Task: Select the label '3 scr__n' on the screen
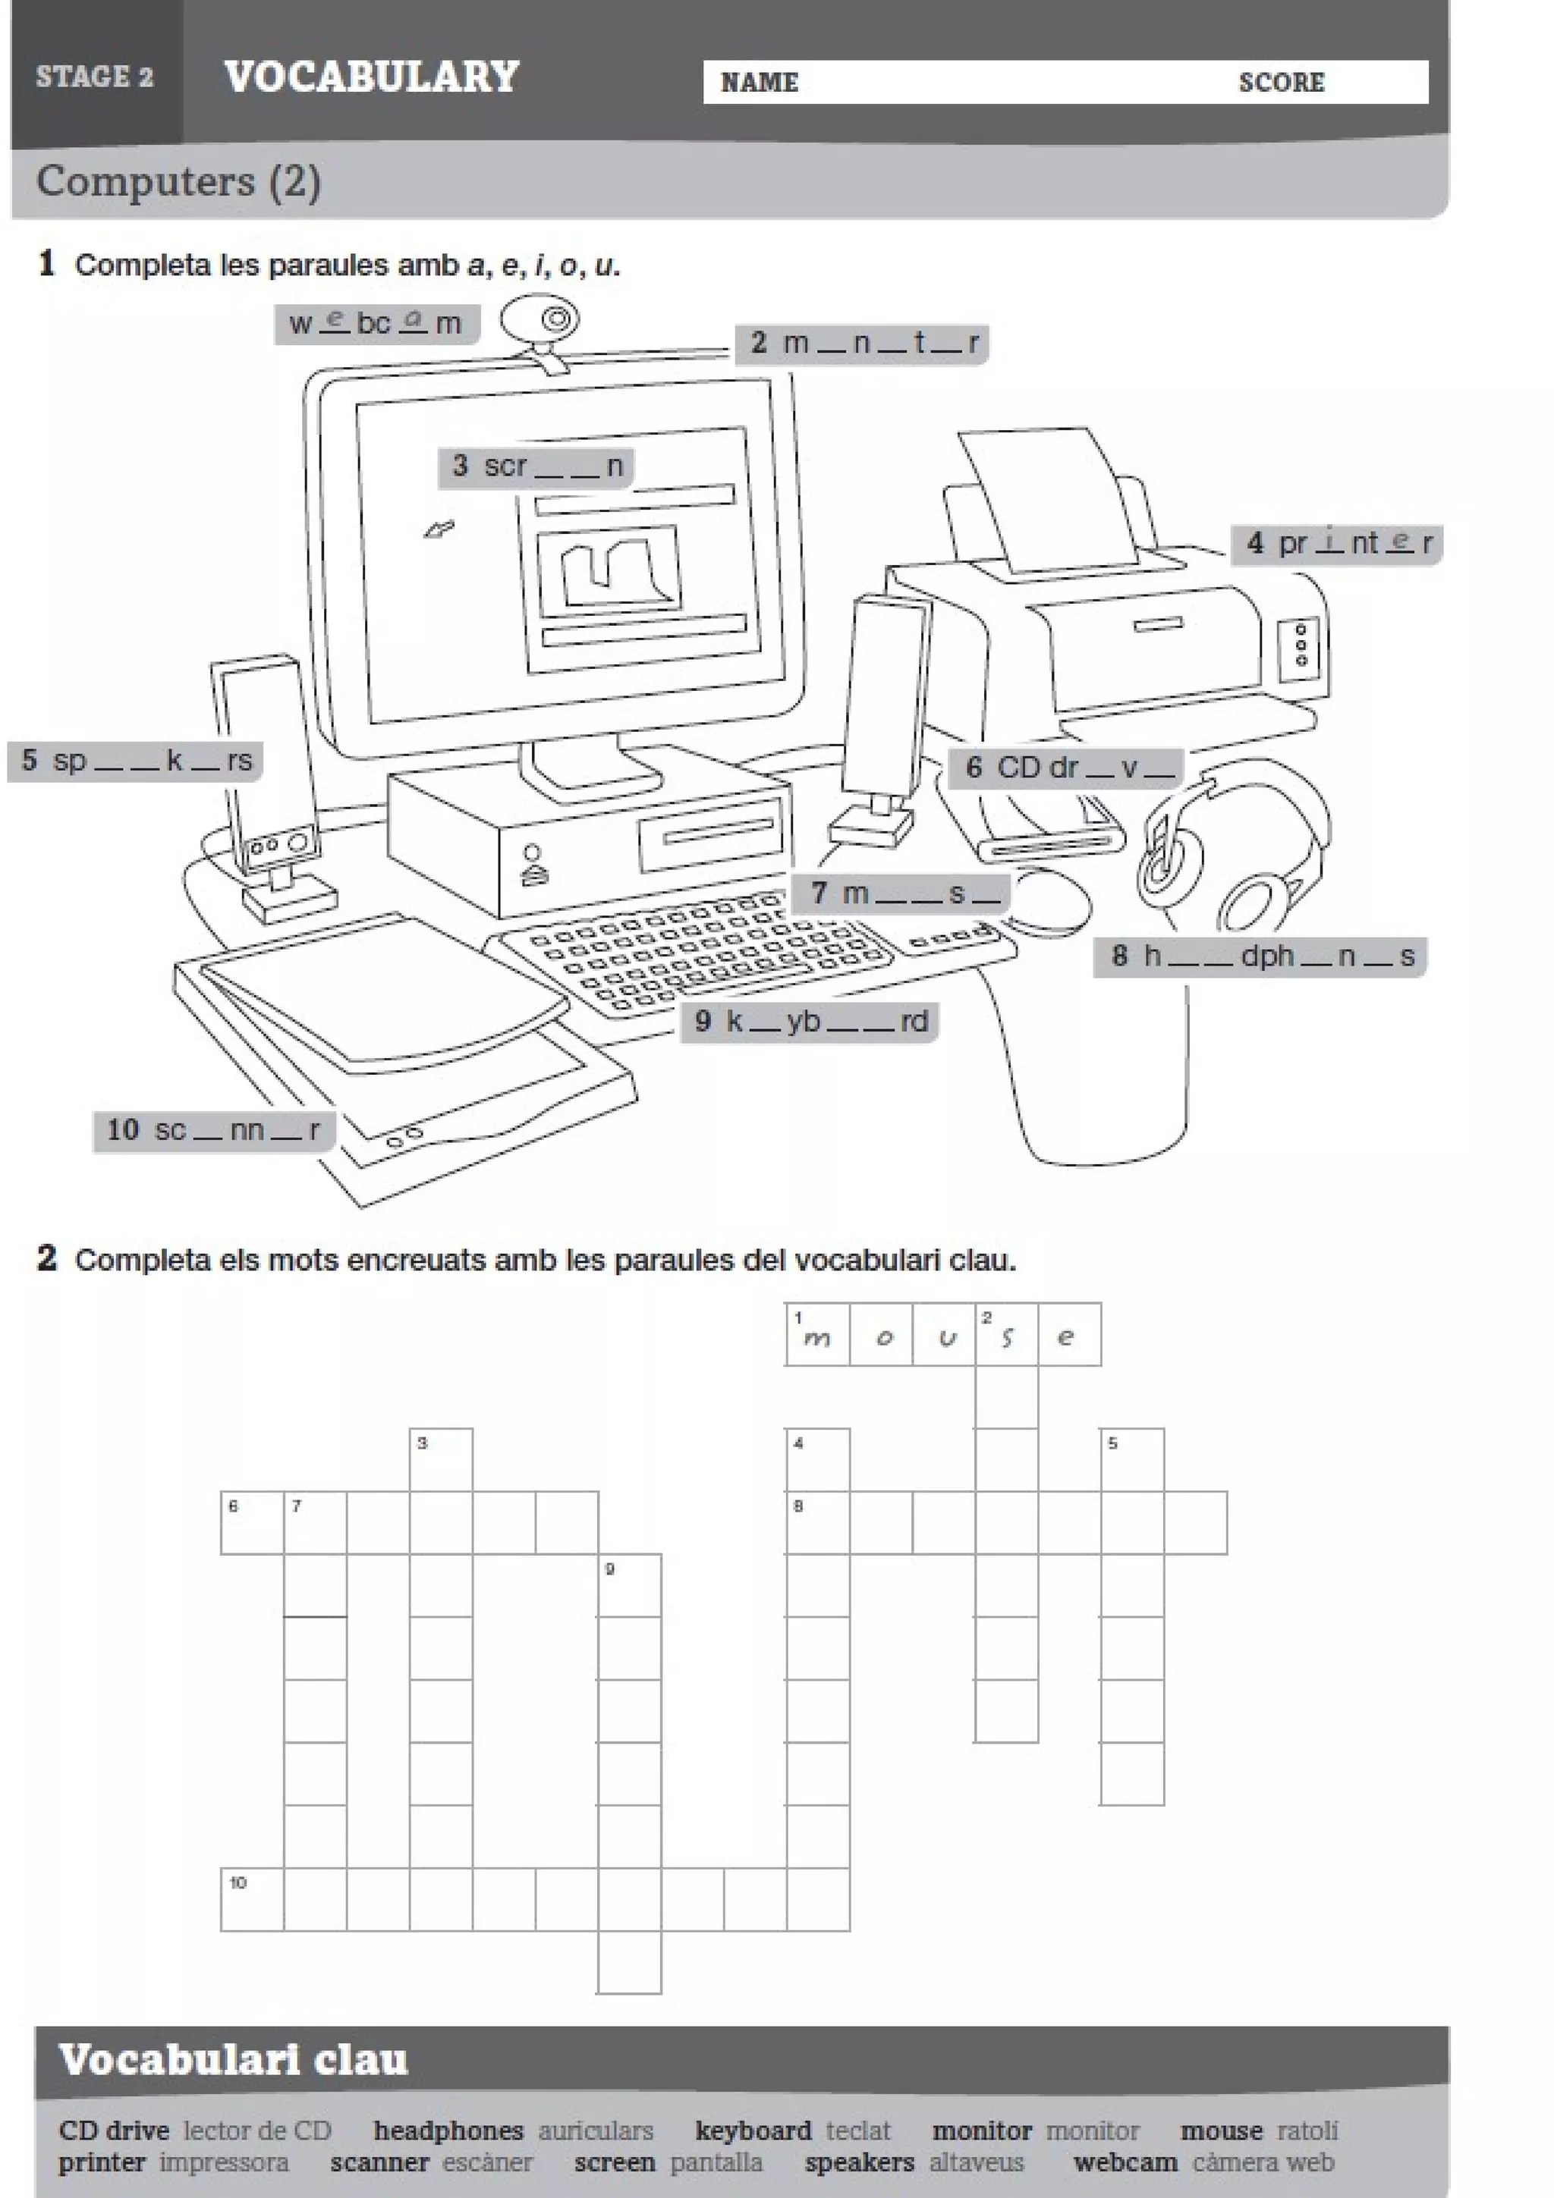click(536, 466)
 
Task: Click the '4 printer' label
click(1337, 544)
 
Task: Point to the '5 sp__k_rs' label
click(135, 761)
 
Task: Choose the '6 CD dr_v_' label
click(1065, 768)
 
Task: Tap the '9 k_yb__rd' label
click(810, 1022)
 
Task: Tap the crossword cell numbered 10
click(252, 1899)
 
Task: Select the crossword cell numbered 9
click(629, 1585)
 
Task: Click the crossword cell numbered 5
click(1132, 1460)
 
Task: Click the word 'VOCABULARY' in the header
click(372, 77)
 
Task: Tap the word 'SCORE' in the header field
click(1281, 83)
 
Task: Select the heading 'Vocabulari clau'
click(234, 2058)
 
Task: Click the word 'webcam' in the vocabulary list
click(1125, 2162)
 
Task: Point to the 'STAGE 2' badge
click(95, 77)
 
